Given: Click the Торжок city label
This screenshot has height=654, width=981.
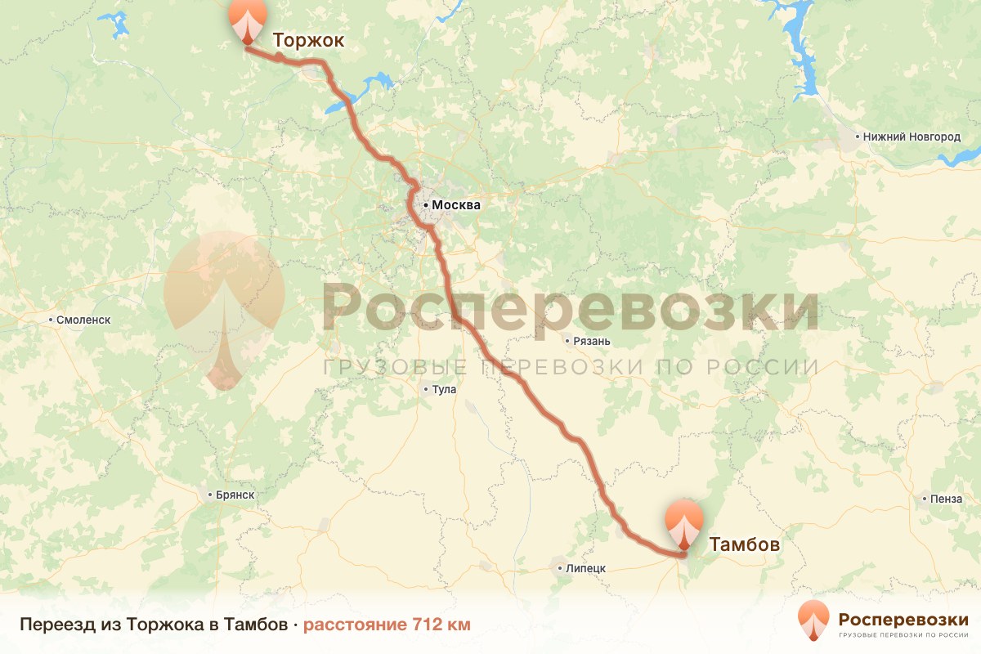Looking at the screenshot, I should [x=308, y=40].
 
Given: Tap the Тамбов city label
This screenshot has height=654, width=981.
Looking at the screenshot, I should [x=744, y=544].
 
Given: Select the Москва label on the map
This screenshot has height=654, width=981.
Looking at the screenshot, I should [x=456, y=205].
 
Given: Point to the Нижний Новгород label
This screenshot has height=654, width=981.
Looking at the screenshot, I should [x=912, y=137].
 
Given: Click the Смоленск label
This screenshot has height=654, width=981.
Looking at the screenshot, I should [x=83, y=320].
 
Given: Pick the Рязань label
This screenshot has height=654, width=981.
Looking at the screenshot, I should [x=593, y=341].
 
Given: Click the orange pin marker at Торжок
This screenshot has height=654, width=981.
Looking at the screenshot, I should [x=248, y=20].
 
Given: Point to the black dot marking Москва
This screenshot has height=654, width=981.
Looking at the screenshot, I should [x=426, y=205].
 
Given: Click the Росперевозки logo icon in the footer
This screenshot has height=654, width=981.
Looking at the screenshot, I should [x=814, y=620].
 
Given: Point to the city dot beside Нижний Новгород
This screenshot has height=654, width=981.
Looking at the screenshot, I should [x=857, y=137].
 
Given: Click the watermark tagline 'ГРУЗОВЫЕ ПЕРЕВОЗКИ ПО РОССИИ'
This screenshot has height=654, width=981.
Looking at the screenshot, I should [x=570, y=367].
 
